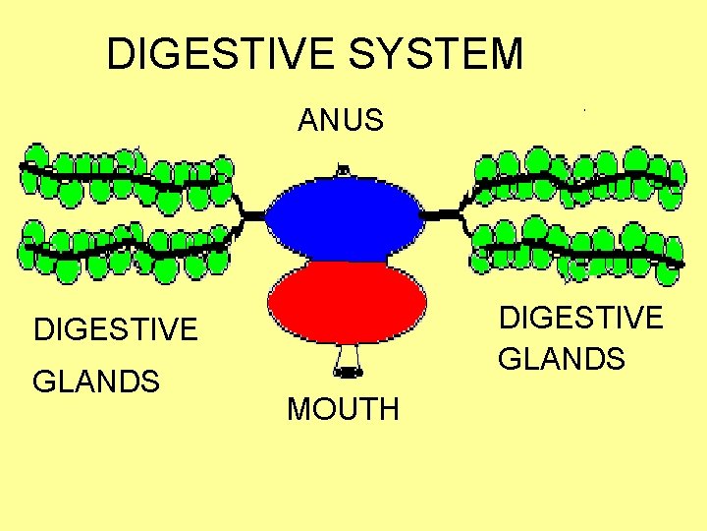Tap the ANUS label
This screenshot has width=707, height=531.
point(341,121)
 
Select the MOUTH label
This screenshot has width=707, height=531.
point(343,409)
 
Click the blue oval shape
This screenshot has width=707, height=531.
point(346,219)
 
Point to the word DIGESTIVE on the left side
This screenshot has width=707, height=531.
point(116,328)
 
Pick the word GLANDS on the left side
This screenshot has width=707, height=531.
point(96,380)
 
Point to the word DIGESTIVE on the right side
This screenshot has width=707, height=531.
point(581,318)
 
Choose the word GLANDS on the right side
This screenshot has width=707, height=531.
point(562,359)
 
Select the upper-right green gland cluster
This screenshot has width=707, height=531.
point(577,177)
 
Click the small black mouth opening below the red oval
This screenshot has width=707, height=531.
point(348,372)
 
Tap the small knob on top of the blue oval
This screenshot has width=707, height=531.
point(342,171)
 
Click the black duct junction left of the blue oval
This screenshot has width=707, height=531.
point(252,213)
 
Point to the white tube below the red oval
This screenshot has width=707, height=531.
point(348,355)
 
